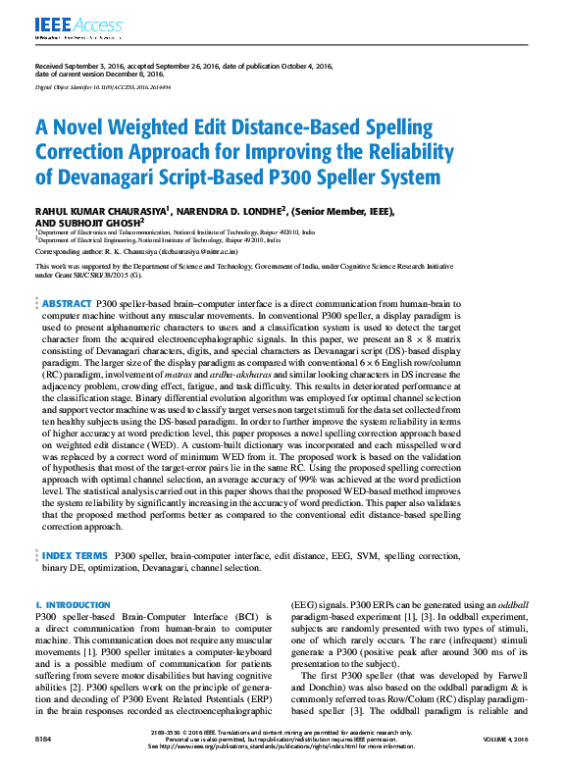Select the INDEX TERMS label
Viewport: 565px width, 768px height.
(x=74, y=554)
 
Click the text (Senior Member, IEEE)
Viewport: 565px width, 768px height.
(x=337, y=210)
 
